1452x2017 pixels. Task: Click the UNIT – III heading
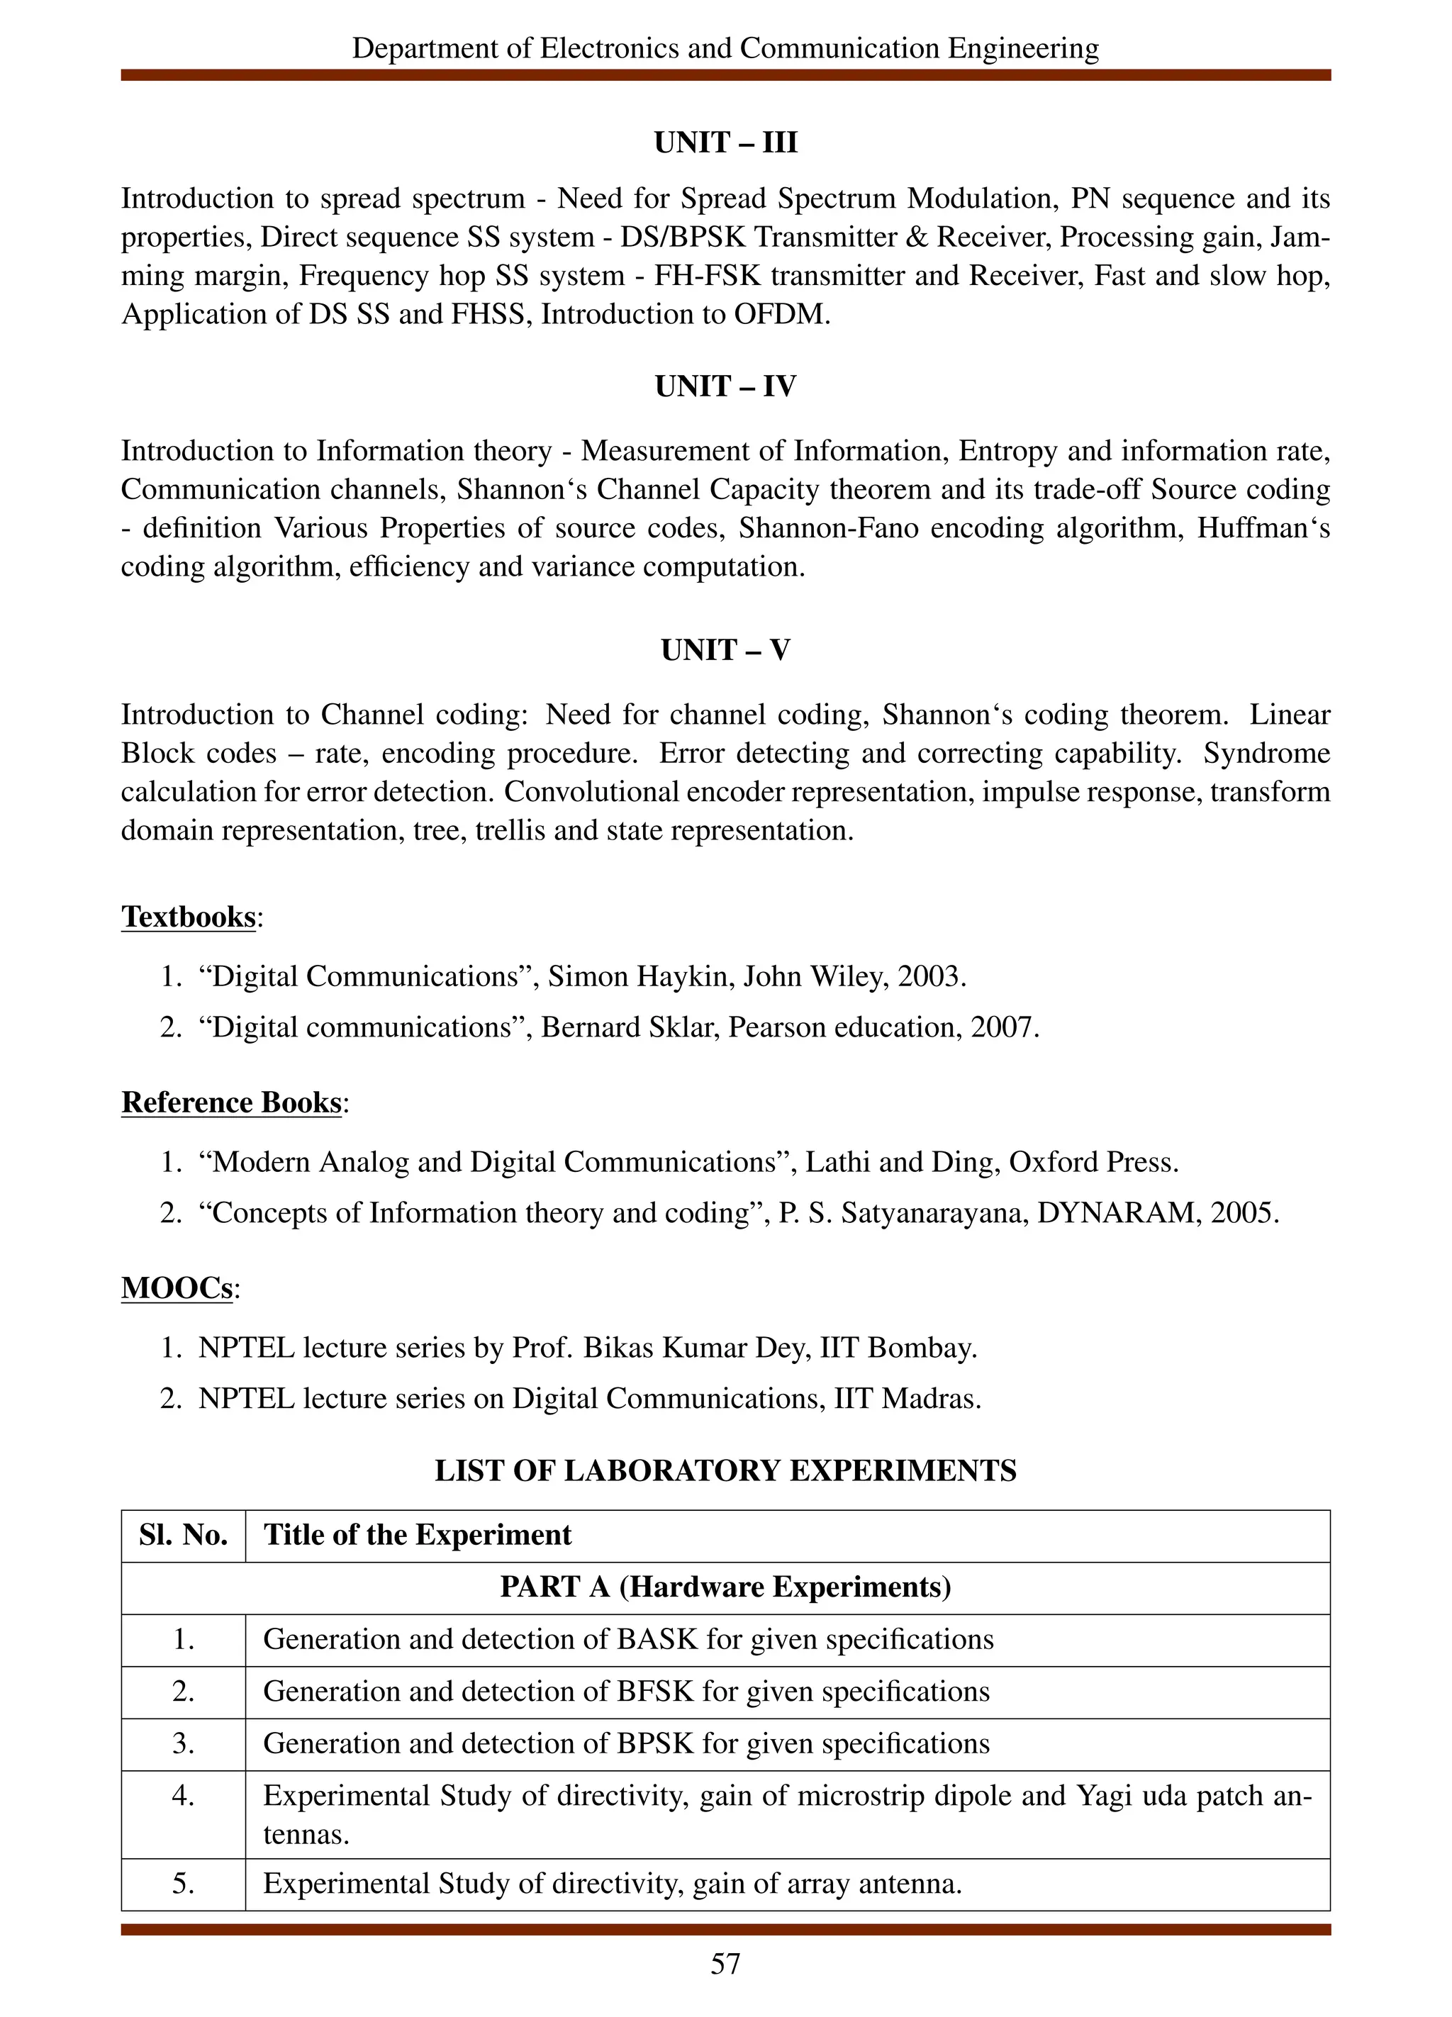click(725, 143)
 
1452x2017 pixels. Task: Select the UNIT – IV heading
click(725, 386)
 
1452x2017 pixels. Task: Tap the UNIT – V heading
click(725, 650)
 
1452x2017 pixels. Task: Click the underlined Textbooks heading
click(189, 916)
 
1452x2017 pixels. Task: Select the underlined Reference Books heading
click(231, 1102)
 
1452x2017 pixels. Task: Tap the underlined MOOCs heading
click(177, 1287)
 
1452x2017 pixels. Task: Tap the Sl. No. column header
click(183, 1535)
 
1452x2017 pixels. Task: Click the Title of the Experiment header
click(417, 1535)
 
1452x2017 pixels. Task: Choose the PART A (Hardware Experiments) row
click(725, 1587)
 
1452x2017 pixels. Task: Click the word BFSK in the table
click(654, 1691)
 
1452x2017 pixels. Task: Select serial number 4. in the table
click(183, 1796)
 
